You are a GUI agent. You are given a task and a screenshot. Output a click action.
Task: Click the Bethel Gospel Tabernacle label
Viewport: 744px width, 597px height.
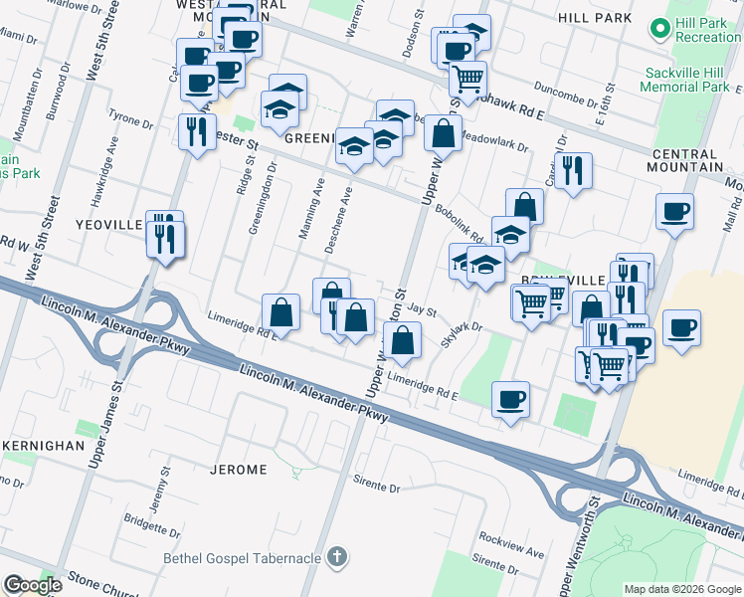pos(244,557)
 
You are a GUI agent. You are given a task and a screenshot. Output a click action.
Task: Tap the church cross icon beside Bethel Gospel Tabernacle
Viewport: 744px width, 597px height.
pos(338,556)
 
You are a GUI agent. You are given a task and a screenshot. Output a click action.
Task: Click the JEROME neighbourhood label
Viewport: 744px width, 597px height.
pos(240,469)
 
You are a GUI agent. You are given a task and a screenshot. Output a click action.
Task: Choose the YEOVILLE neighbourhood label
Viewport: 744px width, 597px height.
pos(109,226)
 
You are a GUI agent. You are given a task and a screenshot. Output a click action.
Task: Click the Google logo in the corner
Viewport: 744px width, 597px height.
pos(32,584)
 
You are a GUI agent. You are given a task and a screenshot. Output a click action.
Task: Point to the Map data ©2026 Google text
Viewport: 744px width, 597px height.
pos(681,588)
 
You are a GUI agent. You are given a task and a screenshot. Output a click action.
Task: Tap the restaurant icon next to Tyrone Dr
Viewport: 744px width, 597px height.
pos(195,131)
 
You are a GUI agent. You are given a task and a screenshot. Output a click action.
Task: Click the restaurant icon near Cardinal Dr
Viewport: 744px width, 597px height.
pos(573,170)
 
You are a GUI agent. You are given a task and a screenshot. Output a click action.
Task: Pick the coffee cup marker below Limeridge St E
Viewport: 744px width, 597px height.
pos(510,400)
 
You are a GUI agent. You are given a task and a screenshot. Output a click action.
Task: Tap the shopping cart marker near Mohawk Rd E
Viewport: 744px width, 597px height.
pos(466,77)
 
